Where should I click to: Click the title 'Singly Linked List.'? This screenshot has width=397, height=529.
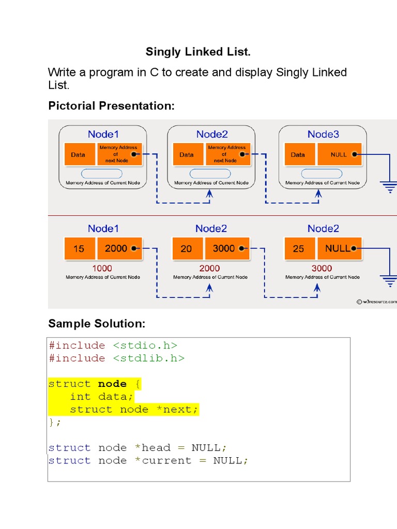(198, 52)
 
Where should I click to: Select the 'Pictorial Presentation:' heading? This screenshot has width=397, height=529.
(111, 106)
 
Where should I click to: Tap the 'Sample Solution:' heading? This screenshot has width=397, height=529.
(97, 324)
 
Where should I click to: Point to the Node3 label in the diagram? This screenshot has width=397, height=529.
(323, 134)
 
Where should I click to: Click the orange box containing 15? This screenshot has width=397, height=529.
(79, 248)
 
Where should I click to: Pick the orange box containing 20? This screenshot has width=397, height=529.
(186, 248)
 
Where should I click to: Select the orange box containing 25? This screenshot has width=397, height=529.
(299, 248)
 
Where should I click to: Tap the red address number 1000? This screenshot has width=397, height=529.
(102, 268)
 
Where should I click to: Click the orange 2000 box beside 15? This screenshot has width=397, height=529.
(120, 248)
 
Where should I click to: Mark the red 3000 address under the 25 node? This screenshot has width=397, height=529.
(322, 268)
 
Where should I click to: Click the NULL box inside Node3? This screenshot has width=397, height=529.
(339, 154)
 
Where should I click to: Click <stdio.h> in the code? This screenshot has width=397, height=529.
(145, 346)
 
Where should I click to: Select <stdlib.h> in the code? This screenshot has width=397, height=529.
(149, 359)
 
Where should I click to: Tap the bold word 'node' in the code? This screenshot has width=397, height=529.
(112, 384)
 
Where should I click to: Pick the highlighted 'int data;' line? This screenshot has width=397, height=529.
(101, 397)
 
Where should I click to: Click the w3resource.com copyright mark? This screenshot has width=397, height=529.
(376, 301)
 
